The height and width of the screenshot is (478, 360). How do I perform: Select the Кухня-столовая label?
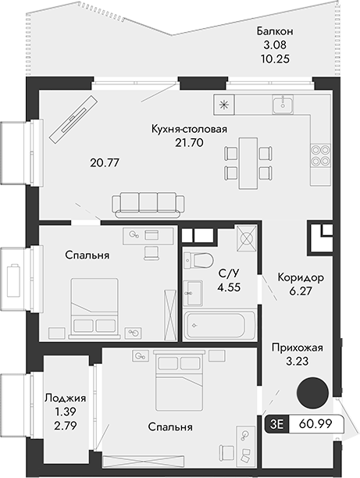190,129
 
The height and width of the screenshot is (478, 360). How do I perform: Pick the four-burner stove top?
319,155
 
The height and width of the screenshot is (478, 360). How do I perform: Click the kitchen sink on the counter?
282,105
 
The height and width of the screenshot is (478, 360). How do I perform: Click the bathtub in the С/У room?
219,323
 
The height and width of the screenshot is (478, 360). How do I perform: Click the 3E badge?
276,425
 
